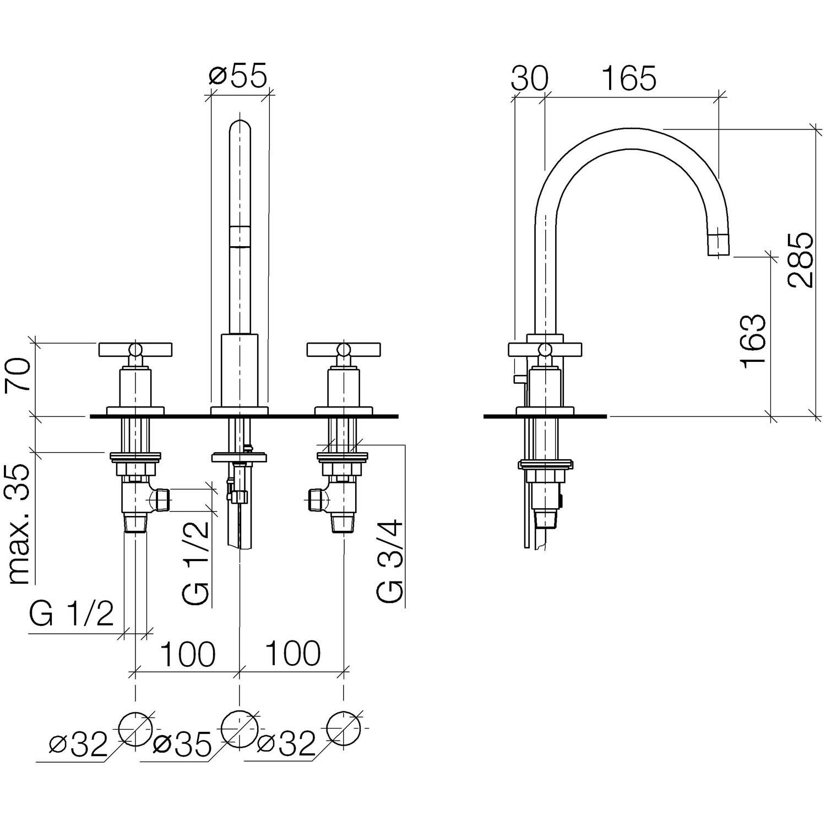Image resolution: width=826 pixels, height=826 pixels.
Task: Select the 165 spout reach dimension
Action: (628, 78)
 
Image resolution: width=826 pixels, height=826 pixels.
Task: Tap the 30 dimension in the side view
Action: (530, 78)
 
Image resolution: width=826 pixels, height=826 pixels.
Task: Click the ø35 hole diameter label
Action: (182, 746)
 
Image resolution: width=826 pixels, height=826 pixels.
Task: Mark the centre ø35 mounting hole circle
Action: (239, 729)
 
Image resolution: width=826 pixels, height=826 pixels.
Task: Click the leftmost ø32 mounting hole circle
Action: (135, 729)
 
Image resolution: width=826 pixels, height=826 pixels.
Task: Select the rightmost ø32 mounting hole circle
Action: (344, 729)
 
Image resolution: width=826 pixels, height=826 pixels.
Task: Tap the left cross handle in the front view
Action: (135, 349)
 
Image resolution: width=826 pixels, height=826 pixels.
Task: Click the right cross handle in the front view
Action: (344, 349)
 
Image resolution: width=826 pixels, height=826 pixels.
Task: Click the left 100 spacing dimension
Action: (187, 654)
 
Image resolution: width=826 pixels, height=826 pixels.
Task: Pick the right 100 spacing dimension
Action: (292, 654)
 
